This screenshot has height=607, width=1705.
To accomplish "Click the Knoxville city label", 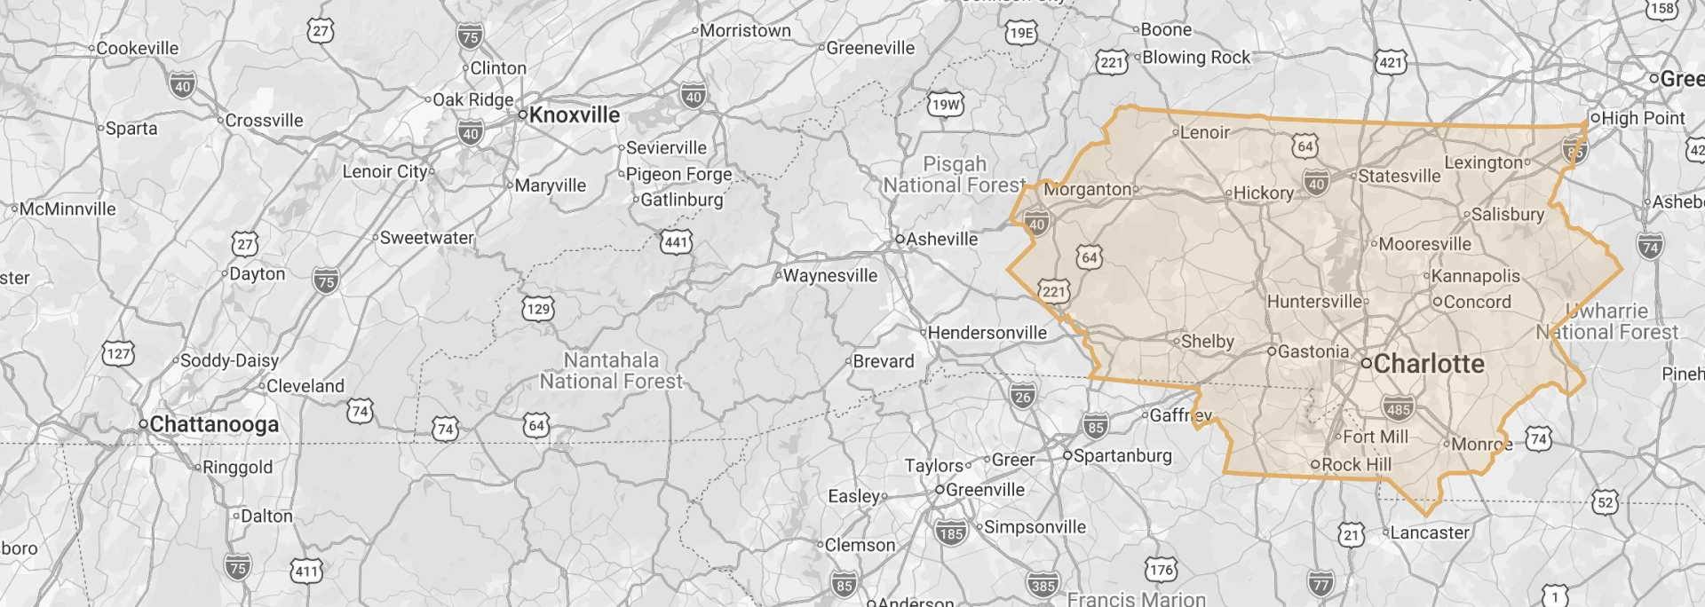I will coord(575,115).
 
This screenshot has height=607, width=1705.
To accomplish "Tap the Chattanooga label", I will coord(214,424).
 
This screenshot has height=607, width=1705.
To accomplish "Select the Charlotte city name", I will coord(1429,364).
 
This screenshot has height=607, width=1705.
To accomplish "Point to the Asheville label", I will coord(941,239).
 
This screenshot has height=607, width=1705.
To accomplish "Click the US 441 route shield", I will coord(676,241).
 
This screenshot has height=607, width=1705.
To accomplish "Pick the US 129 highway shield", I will coord(537,309).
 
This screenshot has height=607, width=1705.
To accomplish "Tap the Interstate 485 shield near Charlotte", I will coord(1398,409).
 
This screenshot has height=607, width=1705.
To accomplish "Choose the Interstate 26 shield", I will coord(1022,397).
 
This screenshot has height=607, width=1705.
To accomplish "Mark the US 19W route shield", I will coord(946,105).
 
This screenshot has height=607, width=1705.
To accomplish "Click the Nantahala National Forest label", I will coord(612,371).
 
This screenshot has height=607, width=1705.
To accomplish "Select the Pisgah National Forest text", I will coord(955,175).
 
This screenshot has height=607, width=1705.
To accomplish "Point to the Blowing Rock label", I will coord(1196,58).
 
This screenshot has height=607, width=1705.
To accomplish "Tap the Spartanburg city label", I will coord(1122,455).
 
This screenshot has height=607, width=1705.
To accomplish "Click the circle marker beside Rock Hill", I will coord(1316,464).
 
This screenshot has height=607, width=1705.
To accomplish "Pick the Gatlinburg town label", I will coord(681,200).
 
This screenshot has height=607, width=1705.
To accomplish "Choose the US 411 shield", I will coord(306,571).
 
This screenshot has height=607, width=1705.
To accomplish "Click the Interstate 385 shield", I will coord(1043,585).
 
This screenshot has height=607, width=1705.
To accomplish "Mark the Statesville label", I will coord(1400,176).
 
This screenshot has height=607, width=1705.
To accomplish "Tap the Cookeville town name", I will coord(138,48).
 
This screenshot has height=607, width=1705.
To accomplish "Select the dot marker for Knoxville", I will coord(523,114).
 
